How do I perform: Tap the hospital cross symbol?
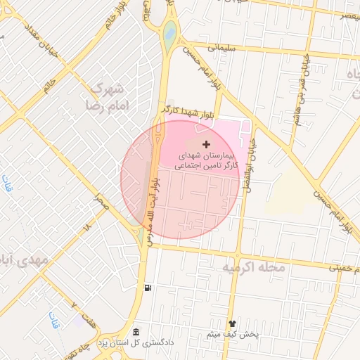(x=205, y=143)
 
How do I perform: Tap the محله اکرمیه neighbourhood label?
(x=255, y=268)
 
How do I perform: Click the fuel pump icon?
(x=147, y=288)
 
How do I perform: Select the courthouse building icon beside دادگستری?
(x=136, y=332)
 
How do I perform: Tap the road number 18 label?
(x=87, y=228)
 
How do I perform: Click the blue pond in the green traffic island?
(x=169, y=30)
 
